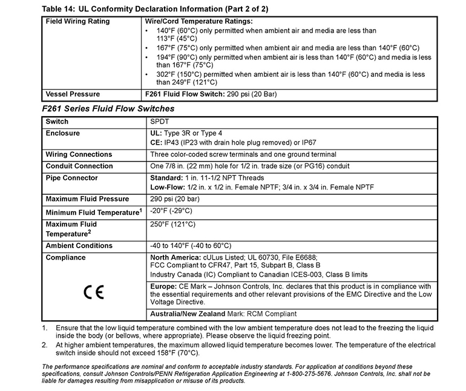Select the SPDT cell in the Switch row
[x=159, y=122]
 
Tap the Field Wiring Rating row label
[x=78, y=21]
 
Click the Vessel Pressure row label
[x=73, y=94]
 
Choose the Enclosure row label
[x=63, y=133]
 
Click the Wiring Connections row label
[x=79, y=154]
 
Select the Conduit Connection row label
[x=79, y=166]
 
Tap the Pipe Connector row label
[x=72, y=178]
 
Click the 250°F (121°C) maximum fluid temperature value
[x=172, y=224]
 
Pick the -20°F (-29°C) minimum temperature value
[x=171, y=211]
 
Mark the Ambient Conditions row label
[x=79, y=246]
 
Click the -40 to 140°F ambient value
[x=190, y=246]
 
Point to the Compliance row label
[x=66, y=257]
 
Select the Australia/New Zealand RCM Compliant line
[x=223, y=314]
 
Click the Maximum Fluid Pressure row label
[x=87, y=199]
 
